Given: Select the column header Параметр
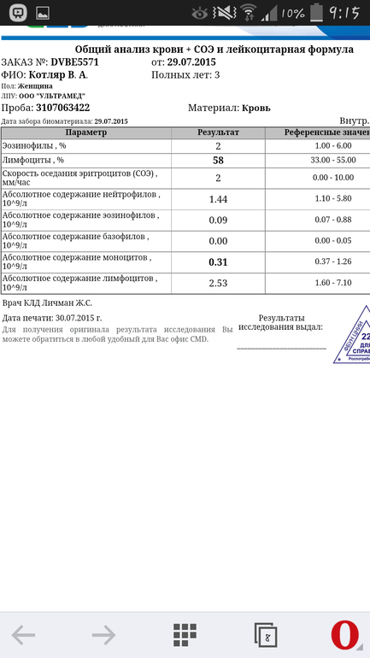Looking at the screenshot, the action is coord(85,133).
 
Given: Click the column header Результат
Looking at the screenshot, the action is coord(218,133).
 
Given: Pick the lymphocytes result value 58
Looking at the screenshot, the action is coord(218,161).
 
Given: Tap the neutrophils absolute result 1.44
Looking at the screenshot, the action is coord(218,198).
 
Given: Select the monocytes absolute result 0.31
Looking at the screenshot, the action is coord(218,261).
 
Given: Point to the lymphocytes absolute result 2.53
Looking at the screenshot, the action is coord(218,283).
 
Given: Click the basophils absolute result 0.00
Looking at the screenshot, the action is coord(218,241).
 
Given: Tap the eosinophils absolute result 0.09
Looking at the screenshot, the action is coord(218,220).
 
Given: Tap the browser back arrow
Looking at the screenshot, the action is coord(23,634).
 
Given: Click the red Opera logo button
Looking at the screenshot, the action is coord(344,634).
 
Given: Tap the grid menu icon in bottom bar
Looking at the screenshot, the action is coord(185,634).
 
